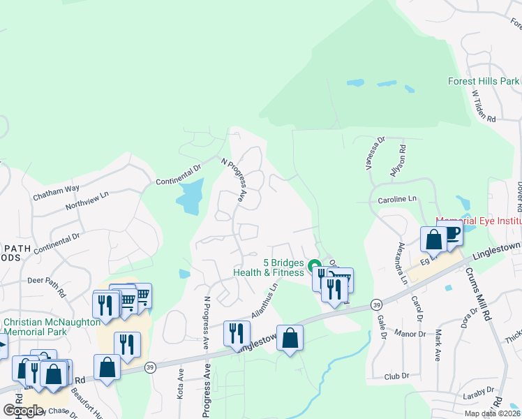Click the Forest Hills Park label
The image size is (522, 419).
(483, 81)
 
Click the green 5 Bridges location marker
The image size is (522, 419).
(312, 263)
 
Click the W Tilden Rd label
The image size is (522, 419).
(483, 107)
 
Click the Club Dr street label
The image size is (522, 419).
(396, 376)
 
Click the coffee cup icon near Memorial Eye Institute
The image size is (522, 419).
(453, 234)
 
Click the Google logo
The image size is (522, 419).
(23, 410)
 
